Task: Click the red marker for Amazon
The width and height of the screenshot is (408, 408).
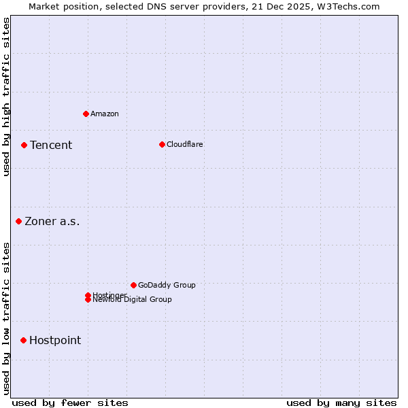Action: click(x=86, y=114)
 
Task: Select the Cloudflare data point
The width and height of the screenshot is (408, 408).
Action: click(x=162, y=144)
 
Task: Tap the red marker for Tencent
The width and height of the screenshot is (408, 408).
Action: click(x=24, y=145)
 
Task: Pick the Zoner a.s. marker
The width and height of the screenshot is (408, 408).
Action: click(x=18, y=221)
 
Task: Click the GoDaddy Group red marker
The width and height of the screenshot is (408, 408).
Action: click(x=133, y=285)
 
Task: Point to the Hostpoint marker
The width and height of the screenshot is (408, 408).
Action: click(x=23, y=340)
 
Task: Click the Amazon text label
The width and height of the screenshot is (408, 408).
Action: click(x=104, y=114)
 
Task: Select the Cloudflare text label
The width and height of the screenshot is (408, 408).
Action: click(x=184, y=144)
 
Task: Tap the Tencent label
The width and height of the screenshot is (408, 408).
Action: click(x=51, y=145)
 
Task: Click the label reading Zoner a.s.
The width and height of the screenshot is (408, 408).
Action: click(x=52, y=221)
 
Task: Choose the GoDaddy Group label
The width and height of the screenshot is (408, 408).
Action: click(x=167, y=285)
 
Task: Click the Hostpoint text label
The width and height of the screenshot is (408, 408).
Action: click(x=55, y=340)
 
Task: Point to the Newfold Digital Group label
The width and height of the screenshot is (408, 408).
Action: click(x=132, y=300)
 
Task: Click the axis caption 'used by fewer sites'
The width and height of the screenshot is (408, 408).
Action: click(x=70, y=403)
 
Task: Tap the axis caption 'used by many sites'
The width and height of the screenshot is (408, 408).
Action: click(x=341, y=403)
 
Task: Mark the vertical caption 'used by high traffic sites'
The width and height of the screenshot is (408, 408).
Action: click(x=6, y=97)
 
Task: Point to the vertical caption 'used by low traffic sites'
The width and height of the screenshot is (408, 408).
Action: click(x=6, y=318)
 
